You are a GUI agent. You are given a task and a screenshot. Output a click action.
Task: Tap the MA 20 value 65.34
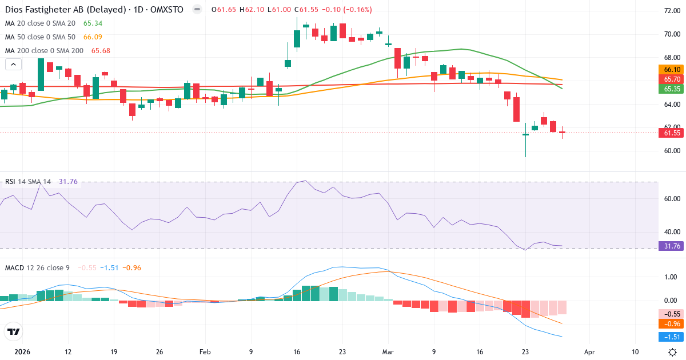tap(93, 23)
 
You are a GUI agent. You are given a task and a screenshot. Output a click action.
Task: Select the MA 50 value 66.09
tap(93, 37)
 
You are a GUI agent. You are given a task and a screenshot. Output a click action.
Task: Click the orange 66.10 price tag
tap(672, 70)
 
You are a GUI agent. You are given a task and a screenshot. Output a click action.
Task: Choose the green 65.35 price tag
tap(672, 89)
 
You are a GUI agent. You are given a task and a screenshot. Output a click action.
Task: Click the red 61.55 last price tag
tap(672, 133)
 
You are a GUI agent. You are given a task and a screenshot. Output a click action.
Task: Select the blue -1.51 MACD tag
tap(672, 337)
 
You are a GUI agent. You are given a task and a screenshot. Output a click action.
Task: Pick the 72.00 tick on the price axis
tap(672, 10)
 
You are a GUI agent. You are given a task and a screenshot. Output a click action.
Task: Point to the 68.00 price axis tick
tap(672, 58)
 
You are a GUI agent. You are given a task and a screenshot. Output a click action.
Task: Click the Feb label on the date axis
tap(205, 352)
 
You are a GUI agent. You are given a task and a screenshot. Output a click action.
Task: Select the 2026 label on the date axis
tap(22, 352)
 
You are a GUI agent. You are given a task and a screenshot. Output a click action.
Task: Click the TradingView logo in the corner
tap(14, 331)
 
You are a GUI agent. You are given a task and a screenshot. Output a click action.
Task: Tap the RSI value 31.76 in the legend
tap(68, 182)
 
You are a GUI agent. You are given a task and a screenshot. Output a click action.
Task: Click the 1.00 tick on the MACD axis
tap(671, 277)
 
